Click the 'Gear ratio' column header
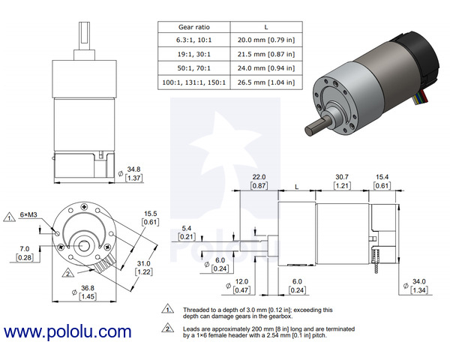[x=193, y=26]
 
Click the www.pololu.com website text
[x=67, y=331]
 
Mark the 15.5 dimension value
[x=150, y=214]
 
